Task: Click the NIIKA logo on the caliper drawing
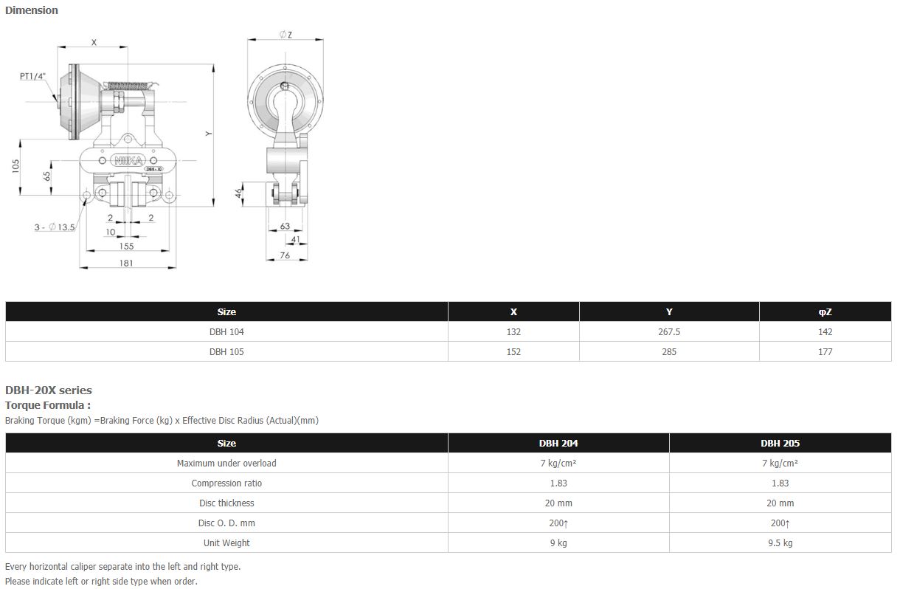[x=128, y=161]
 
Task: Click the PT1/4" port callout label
[x=33, y=76]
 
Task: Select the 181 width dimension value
[x=126, y=263]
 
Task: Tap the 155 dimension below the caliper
[x=127, y=246]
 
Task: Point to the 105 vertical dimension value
[x=15, y=166]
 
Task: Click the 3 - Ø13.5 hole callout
[x=55, y=227]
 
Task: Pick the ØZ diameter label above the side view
[x=285, y=35]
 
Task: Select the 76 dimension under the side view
[x=285, y=255]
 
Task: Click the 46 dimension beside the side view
[x=239, y=193]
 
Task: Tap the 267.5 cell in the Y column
[x=669, y=331]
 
